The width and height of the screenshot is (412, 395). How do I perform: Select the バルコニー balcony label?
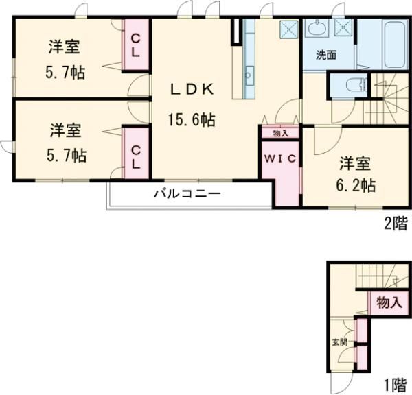click(187, 193)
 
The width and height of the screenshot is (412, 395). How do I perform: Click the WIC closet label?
click(281, 159)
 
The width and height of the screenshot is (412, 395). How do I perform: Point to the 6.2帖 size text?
click(356, 184)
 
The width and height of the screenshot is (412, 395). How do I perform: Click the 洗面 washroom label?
click(325, 55)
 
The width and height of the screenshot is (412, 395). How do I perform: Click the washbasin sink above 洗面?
click(318, 29)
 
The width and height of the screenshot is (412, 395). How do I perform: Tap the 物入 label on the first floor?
click(389, 302)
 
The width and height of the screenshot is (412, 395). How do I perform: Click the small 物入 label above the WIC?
click(279, 133)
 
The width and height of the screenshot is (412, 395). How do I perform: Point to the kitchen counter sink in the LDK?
click(249, 73)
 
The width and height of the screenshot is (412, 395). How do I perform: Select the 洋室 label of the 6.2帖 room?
click(356, 163)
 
